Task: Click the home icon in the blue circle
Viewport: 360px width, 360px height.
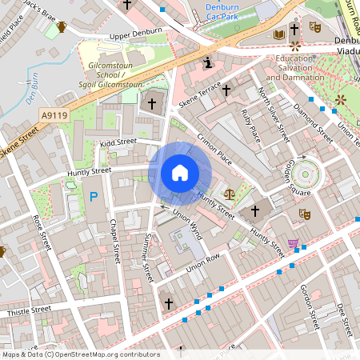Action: (x=180, y=173)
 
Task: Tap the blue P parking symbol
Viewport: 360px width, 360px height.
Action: (x=94, y=196)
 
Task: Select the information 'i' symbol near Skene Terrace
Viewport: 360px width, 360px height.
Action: (x=208, y=62)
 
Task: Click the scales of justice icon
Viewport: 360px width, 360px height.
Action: (x=230, y=194)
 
